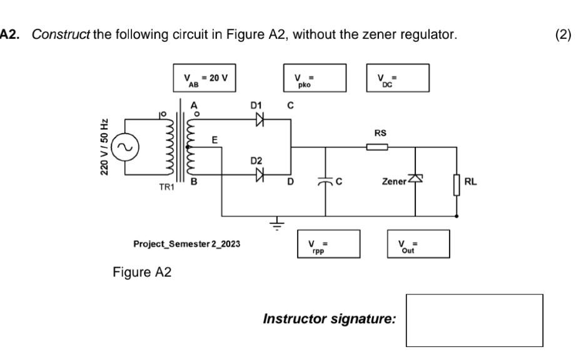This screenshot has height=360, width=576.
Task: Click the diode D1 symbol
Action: pos(260,121)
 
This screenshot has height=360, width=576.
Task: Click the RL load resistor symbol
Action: pos(457,185)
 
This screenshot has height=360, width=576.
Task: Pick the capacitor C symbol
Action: pos(325,181)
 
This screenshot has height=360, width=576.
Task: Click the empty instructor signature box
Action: pos(475,320)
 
